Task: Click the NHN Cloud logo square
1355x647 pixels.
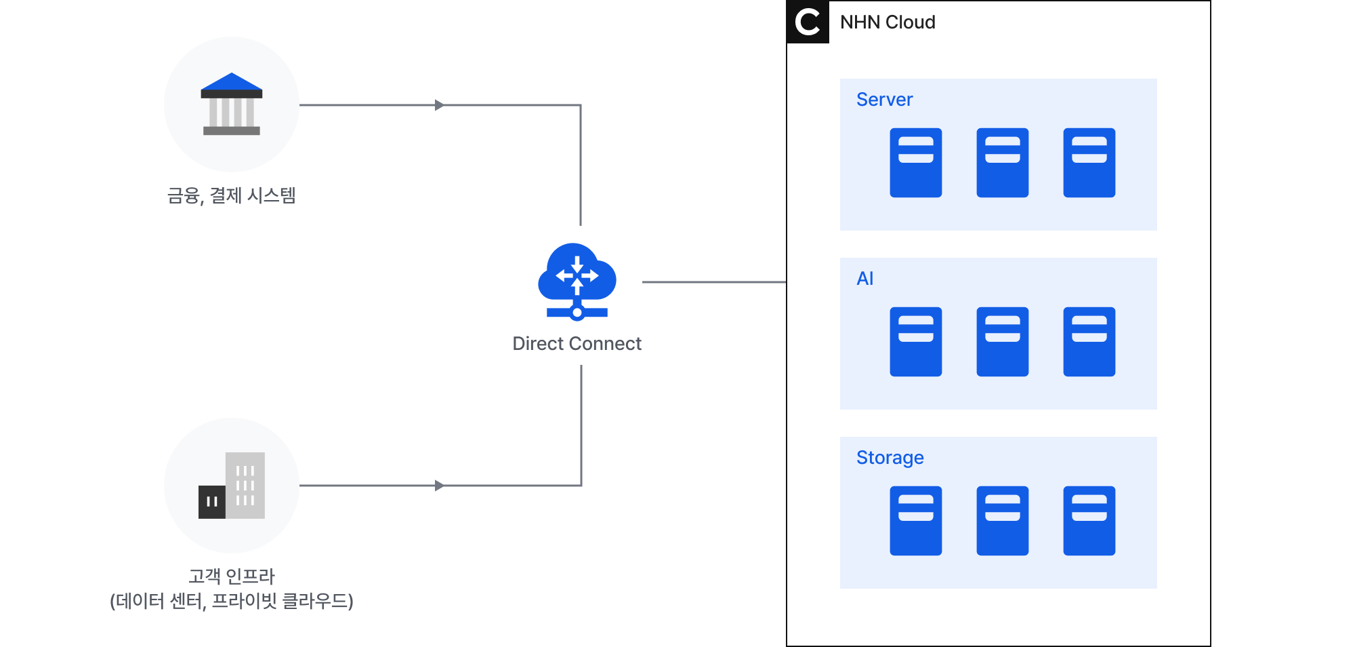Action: click(x=808, y=22)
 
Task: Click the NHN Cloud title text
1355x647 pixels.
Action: click(x=888, y=22)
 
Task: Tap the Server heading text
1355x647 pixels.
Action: click(x=884, y=100)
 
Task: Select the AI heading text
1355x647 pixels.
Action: click(x=864, y=279)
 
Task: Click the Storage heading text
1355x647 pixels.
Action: click(x=890, y=458)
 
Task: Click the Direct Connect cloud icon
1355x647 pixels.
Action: click(x=577, y=281)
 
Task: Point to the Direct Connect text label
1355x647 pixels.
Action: click(x=577, y=344)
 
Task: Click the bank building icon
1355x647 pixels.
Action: click(x=232, y=105)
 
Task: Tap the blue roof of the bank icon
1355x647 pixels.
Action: click(x=232, y=82)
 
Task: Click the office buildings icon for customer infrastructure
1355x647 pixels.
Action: click(x=232, y=486)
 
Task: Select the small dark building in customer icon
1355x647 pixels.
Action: click(x=211, y=502)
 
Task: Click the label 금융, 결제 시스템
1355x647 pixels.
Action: click(x=232, y=196)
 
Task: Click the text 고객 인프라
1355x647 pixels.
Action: click(x=232, y=576)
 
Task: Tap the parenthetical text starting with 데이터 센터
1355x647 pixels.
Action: click(x=232, y=601)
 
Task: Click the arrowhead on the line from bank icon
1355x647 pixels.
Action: click(x=439, y=105)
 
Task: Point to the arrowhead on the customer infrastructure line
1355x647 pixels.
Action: click(x=439, y=486)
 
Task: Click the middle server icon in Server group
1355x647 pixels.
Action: click(x=1002, y=163)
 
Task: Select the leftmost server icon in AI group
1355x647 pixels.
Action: click(x=915, y=342)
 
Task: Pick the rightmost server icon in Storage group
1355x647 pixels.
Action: click(x=1089, y=521)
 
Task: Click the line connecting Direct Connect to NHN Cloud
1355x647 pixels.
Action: click(x=713, y=282)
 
